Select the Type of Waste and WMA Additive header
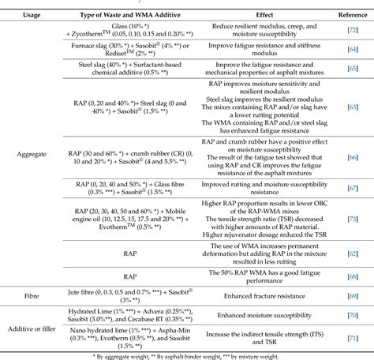pyautogui.click(x=125, y=14)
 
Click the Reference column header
pyautogui.click(x=347, y=14)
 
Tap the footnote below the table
pyautogui.click(x=187, y=352)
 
